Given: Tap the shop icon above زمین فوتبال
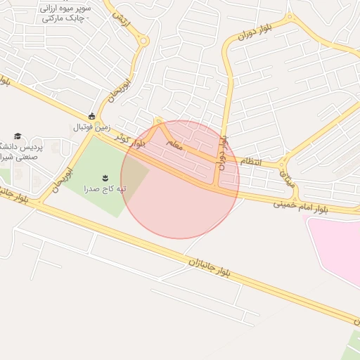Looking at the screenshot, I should point(91,117).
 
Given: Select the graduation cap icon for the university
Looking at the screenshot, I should point(18,136).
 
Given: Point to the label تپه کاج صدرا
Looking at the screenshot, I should point(111,188).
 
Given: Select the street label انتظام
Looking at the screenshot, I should point(250,162).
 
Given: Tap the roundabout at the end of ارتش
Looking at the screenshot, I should point(143,41).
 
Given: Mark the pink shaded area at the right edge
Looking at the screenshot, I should point(337,246).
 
